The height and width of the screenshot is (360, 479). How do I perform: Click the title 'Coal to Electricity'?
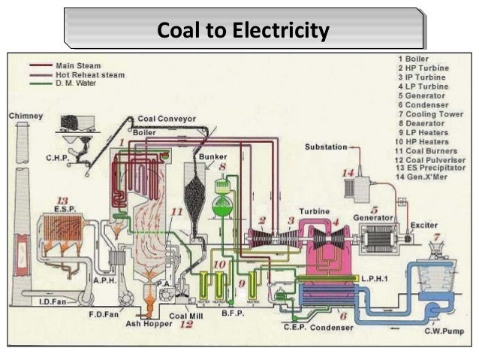pyautogui.click(x=243, y=31)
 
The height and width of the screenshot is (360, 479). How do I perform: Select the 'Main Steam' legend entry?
pyautogui.click(x=78, y=66)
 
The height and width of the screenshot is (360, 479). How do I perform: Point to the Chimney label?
pyautogui.click(x=26, y=116)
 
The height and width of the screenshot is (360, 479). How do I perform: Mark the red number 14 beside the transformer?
pyautogui.click(x=347, y=173)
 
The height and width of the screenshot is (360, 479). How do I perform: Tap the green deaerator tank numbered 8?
pyautogui.click(x=223, y=204)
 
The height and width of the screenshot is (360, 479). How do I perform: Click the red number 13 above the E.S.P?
pyautogui.click(x=62, y=201)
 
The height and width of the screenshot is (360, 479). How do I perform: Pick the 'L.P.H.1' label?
pyautogui.click(x=375, y=277)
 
